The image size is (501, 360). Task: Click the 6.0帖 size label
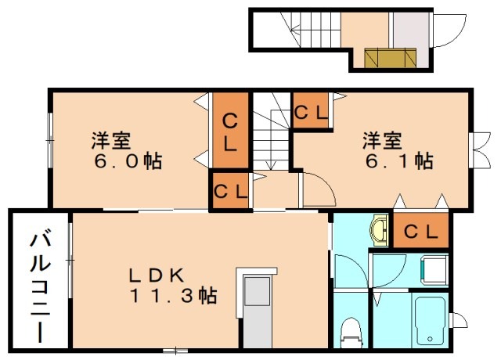[126, 162]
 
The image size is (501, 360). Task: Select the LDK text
[157, 275]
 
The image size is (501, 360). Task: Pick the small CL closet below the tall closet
[230, 191]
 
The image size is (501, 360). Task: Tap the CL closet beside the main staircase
[312, 112]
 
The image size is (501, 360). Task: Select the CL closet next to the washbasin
[420, 232]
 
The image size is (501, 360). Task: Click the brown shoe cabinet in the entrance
[389, 57]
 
